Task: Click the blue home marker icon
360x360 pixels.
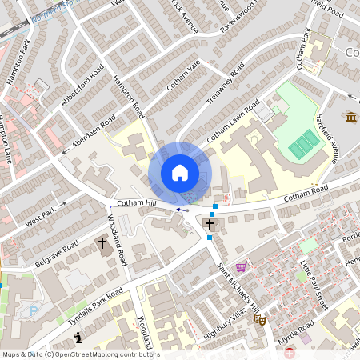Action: click(x=179, y=173)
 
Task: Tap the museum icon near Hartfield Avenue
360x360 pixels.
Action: click(x=351, y=118)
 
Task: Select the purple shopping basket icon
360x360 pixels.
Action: click(x=242, y=267)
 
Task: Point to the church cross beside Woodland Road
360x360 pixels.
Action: click(x=102, y=242)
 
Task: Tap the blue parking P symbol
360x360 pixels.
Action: click(x=33, y=311)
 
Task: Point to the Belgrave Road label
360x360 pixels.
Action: click(x=56, y=254)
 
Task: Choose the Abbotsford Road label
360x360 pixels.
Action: click(x=82, y=86)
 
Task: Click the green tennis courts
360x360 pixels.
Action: click(x=304, y=145)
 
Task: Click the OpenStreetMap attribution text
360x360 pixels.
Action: click(x=80, y=354)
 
